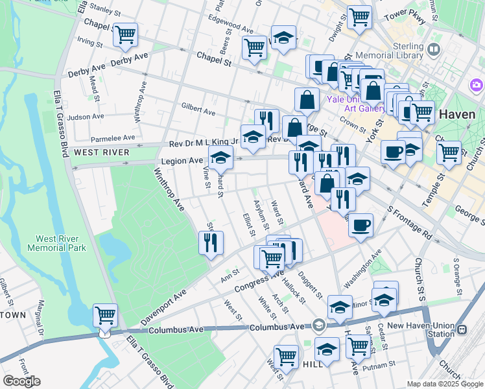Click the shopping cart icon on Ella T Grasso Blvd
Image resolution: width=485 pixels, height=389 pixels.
pyautogui.click(x=105, y=317)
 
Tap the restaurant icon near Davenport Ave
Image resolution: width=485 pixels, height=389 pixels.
pyautogui.click(x=211, y=244)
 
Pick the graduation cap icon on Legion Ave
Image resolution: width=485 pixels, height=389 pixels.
pyautogui.click(x=220, y=158)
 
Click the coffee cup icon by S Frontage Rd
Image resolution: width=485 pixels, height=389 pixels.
pyautogui.click(x=361, y=226)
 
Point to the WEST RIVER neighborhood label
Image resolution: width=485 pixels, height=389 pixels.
pyautogui.click(x=101, y=152)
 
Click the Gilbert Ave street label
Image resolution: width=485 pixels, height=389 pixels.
pyautogui.click(x=198, y=112)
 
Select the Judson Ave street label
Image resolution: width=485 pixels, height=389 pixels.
pyautogui.click(x=85, y=117)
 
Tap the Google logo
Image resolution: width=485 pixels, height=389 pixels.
pyautogui.click(x=21, y=381)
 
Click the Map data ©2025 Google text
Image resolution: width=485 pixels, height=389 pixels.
pyautogui.click(x=444, y=384)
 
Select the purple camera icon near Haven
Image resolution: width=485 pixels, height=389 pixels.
pyautogui.click(x=477, y=85)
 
